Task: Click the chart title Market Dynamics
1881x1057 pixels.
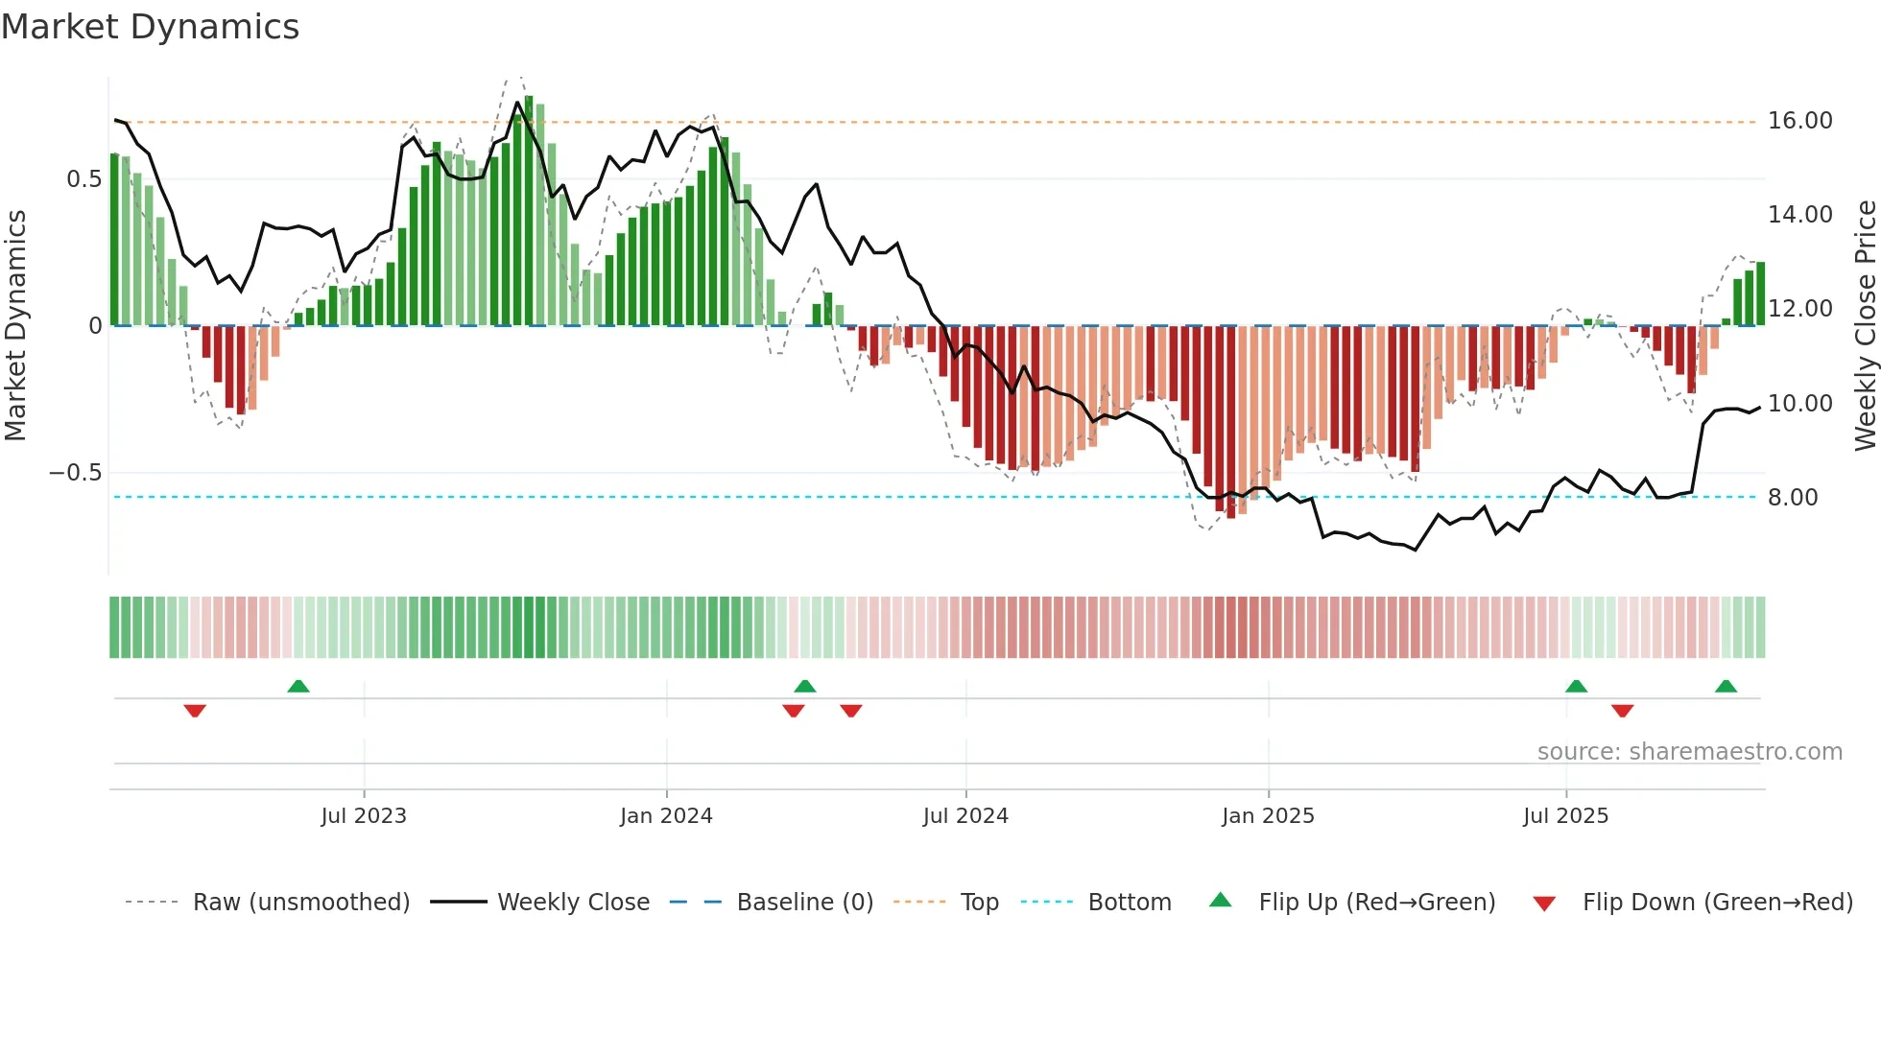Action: point(150,27)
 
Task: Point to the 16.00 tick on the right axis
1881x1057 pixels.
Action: point(1799,121)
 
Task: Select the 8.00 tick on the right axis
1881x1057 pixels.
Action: point(1792,498)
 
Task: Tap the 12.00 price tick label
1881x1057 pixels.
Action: point(1799,309)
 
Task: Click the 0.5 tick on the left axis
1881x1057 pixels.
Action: point(83,179)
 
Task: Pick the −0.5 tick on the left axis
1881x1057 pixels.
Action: point(75,473)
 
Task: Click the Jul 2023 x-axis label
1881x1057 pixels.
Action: point(364,816)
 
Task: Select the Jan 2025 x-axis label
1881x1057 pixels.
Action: point(1268,816)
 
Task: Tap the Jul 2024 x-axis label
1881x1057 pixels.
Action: point(965,816)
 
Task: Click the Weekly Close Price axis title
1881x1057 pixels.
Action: point(1865,326)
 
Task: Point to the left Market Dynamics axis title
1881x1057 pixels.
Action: point(15,326)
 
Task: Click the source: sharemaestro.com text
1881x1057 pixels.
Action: point(1689,752)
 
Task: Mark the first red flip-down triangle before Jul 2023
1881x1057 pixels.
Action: point(195,711)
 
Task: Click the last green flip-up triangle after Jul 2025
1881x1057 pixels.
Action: point(1726,687)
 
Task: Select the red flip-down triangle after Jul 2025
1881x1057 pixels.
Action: point(1622,711)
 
